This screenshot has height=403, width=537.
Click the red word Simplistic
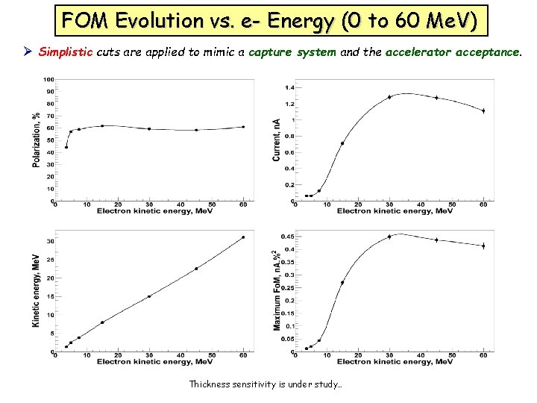64,52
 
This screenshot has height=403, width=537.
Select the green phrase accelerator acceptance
459,52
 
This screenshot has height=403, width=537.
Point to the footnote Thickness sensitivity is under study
266,384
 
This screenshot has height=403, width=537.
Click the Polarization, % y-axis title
36,140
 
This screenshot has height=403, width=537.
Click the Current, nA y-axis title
277,139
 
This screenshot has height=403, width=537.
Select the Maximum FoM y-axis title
277,291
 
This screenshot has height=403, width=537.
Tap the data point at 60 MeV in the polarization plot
243,127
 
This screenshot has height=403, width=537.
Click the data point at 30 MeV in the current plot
389,97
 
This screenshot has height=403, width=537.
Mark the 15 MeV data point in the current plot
342,143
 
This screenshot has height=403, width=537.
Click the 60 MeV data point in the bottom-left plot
243,237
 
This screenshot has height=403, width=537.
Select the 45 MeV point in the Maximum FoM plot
436,240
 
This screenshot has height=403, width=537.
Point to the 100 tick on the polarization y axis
47,79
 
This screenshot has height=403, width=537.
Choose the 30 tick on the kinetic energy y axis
49,241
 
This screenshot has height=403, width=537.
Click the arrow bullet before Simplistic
28,52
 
